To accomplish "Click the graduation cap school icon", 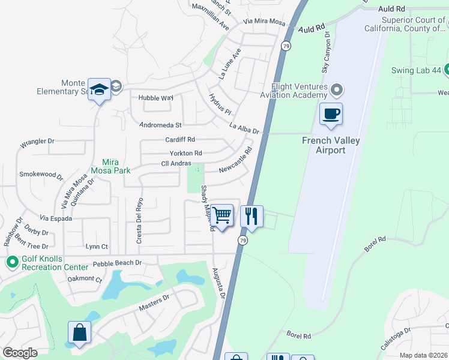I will (x=99, y=89).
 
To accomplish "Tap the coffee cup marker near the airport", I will (x=330, y=114).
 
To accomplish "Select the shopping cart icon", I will (x=222, y=215).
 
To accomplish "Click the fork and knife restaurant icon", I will (x=252, y=216).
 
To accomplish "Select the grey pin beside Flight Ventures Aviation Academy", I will (x=337, y=91).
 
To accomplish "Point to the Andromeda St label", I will (x=160, y=125).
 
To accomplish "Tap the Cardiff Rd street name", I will (x=181, y=140).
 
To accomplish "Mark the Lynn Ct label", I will (x=97, y=247).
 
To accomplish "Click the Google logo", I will (x=20, y=353).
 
